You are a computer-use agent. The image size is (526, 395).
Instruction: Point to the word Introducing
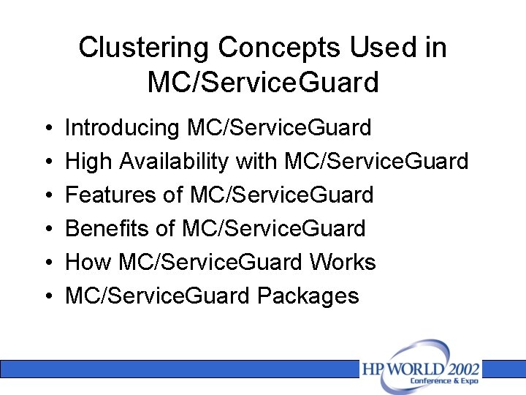122,128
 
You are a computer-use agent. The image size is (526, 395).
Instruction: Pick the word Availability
164,162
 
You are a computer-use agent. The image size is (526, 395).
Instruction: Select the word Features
110,195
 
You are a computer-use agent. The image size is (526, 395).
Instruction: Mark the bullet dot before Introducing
46,129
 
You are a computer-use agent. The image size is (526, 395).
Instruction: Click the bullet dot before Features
46,196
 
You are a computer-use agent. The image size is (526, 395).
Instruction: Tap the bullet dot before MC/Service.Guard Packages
46,297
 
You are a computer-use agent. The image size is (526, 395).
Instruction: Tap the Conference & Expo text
444,381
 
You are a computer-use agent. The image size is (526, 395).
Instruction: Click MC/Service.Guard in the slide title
263,83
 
